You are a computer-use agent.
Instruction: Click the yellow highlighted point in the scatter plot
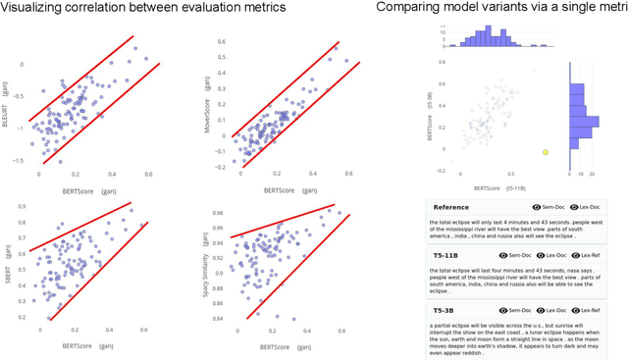pyautogui.click(x=546, y=152)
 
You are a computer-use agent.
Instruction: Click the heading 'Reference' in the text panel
pyautogui.click(x=451, y=207)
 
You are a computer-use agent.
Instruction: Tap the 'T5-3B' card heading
pyautogui.click(x=444, y=309)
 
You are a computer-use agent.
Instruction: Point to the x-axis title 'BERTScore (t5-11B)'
pyautogui.click(x=500, y=186)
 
